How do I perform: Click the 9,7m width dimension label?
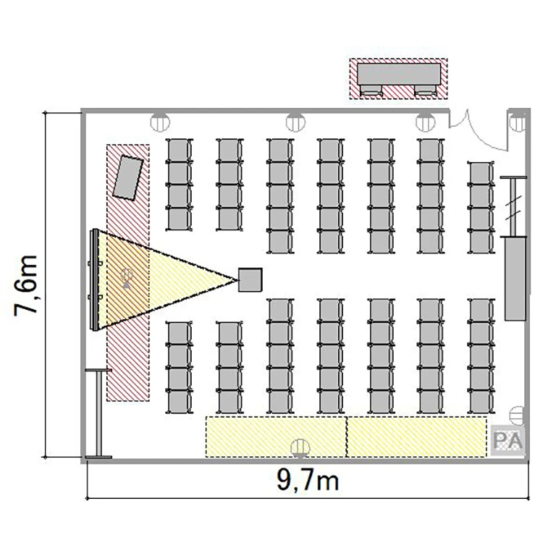[308, 480]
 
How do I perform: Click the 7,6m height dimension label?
[25, 285]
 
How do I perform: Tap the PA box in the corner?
[508, 440]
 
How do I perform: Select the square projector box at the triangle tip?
[250, 279]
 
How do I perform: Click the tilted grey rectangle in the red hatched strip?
[128, 177]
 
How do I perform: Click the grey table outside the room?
[399, 74]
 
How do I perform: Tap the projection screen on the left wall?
[94, 279]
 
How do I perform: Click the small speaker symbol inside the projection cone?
[127, 278]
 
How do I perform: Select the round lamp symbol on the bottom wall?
[300, 448]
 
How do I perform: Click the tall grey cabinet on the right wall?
[515, 279]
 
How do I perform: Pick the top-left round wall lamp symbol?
[160, 122]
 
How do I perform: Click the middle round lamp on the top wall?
[295, 122]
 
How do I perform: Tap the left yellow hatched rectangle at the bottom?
[276, 437]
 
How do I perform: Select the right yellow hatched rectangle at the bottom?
[416, 437]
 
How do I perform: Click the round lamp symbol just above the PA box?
[518, 416]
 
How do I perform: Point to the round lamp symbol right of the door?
[518, 122]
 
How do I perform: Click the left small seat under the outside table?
[371, 90]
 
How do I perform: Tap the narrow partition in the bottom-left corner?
[98, 414]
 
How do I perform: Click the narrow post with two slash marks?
[513, 206]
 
